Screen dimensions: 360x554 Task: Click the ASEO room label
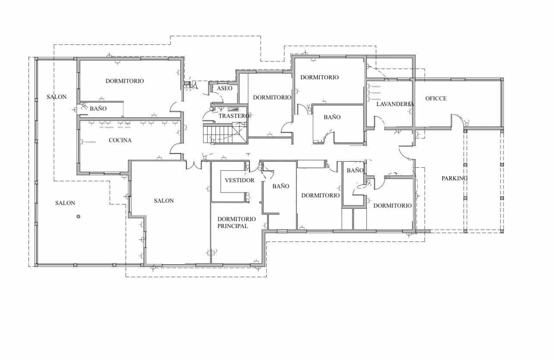(224, 88)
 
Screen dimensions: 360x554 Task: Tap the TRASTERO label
(234, 116)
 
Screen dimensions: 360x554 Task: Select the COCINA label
(120, 140)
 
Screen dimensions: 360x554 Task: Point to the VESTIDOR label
(239, 180)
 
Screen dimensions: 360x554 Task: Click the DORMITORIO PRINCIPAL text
(236, 222)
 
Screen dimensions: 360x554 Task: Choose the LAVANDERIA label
(395, 104)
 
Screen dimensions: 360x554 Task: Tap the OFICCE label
(436, 98)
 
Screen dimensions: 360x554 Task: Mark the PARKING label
(454, 178)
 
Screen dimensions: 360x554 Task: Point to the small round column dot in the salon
(78, 216)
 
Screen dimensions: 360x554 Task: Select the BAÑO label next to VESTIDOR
(280, 186)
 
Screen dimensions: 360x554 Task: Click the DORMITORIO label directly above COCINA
(125, 81)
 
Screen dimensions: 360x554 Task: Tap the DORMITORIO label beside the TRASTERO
(272, 97)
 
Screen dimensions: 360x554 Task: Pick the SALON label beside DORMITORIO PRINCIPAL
(164, 200)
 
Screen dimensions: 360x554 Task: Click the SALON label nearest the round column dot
(65, 203)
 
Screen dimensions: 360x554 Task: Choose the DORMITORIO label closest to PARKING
(392, 206)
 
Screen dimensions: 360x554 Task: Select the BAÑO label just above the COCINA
(98, 109)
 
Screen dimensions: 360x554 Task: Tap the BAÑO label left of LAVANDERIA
(332, 117)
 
